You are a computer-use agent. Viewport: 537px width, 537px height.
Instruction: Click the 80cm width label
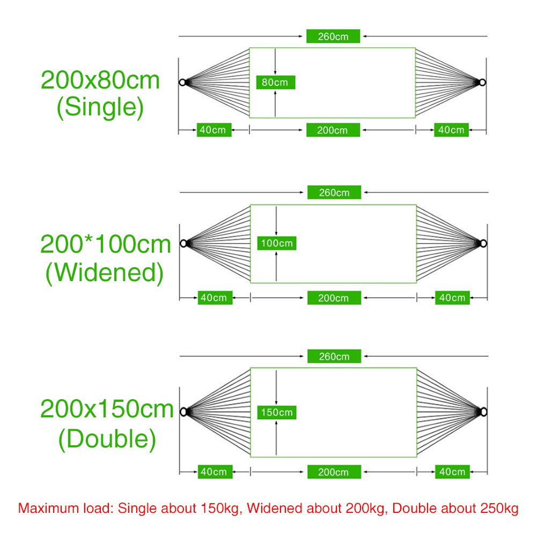(x=276, y=82)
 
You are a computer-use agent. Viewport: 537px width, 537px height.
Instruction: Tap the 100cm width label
(x=277, y=243)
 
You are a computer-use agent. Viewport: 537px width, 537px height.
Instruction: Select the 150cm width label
(x=277, y=413)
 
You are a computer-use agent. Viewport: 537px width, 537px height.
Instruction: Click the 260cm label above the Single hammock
(x=333, y=36)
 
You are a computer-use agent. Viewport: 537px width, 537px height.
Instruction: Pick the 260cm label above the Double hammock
(x=334, y=356)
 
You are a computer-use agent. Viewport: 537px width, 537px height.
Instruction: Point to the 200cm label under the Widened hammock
(x=334, y=298)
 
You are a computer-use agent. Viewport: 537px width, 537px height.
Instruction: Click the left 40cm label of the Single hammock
(x=214, y=130)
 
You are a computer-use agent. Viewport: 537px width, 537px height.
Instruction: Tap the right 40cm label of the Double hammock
(x=452, y=472)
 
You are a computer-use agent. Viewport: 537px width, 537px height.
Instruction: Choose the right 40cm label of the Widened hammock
(x=452, y=298)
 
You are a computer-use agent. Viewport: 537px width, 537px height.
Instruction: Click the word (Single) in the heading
(x=100, y=107)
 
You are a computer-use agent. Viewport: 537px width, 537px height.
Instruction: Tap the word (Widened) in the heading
(x=105, y=273)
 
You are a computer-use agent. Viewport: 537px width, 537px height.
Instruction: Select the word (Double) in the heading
(x=107, y=439)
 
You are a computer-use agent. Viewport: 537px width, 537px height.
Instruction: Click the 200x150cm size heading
(x=107, y=409)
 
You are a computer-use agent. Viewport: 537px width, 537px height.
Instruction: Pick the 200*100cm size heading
(x=106, y=244)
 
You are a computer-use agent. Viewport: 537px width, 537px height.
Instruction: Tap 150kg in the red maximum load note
(x=220, y=508)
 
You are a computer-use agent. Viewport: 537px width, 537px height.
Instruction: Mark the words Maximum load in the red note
(x=65, y=508)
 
